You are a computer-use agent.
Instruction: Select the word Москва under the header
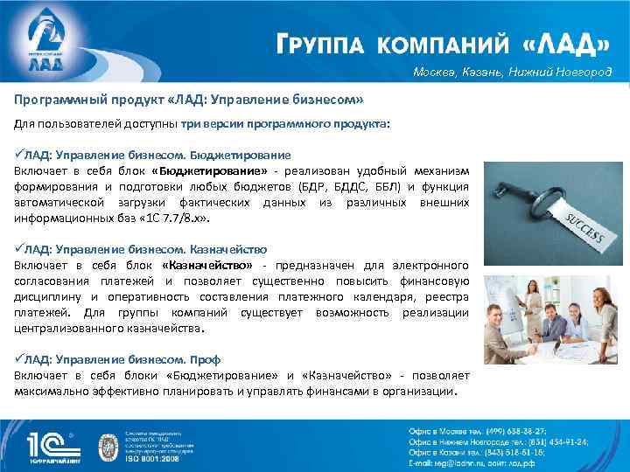tap(437, 72)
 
